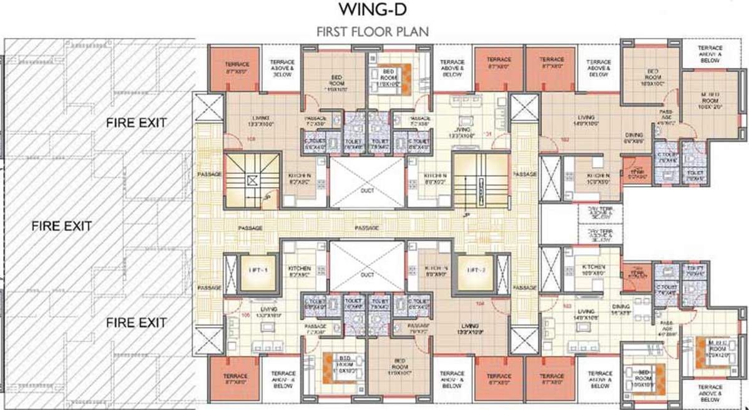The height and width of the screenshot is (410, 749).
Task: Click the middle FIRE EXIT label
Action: pos(62,225)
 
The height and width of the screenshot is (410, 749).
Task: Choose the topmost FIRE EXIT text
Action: pos(135,122)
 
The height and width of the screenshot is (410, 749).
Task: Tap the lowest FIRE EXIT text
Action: pos(135,323)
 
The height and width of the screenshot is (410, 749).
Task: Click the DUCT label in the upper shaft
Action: pos(367,190)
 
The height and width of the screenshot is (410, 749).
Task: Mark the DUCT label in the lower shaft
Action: pos(367,275)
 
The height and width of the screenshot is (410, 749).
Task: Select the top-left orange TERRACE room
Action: pos(237,67)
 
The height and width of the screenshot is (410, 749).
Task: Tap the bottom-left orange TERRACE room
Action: pos(236,379)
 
